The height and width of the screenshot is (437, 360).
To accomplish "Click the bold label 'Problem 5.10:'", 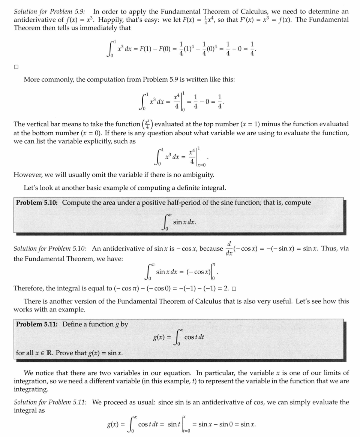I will (37, 202).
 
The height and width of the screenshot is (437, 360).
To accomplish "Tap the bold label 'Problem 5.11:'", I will (37, 324).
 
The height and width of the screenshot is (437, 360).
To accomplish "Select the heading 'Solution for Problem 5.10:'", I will (50, 248).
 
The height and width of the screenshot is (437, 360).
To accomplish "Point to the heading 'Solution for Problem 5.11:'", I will (50, 402).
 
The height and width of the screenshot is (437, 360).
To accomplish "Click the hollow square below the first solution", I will (16, 67).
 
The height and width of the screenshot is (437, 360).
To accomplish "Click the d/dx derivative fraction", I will (229, 248).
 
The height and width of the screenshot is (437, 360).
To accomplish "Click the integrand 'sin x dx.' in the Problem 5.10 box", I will (184, 222).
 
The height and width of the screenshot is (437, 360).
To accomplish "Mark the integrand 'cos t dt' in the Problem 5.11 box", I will (194, 337).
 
